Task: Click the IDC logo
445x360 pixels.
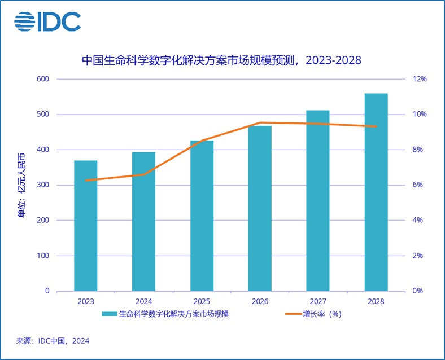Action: coord(47,21)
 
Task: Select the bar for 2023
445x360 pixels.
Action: coord(85,226)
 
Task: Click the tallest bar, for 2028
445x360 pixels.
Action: coord(376,192)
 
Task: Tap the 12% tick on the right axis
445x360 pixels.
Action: coord(420,79)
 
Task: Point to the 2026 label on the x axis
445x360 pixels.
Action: coord(260,302)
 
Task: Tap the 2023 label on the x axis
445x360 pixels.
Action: coord(85,302)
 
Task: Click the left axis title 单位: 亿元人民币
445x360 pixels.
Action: coord(21,185)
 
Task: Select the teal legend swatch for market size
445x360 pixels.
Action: coord(109,314)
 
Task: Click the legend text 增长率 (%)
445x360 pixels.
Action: coord(321,314)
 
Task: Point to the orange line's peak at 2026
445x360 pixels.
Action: coord(260,122)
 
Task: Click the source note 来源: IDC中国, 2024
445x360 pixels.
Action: coord(53,341)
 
